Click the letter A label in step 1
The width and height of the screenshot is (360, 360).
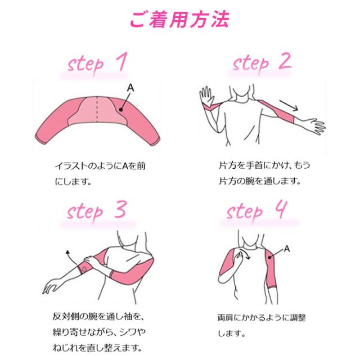(x=131, y=87)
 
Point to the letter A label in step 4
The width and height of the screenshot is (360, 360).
(x=287, y=248)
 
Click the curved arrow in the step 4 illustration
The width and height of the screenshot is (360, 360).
(x=246, y=256)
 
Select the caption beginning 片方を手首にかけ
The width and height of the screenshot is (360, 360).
(x=256, y=174)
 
